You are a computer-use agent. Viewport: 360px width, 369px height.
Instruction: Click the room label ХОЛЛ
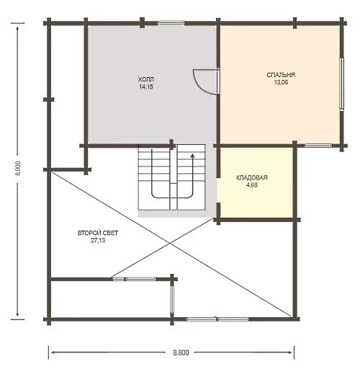[x=146, y=79]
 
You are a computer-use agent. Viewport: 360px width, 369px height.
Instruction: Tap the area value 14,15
[x=146, y=86]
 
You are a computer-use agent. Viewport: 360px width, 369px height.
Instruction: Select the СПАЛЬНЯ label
[x=281, y=75]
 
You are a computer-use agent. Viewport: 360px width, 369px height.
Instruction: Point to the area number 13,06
[x=281, y=82]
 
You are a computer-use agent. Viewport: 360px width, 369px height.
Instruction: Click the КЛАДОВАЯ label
[x=252, y=178]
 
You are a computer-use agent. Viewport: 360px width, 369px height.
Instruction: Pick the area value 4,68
[x=252, y=185]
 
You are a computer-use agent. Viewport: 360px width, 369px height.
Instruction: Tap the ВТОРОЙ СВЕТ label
[x=98, y=233]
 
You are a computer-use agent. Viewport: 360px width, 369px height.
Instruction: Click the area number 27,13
[x=98, y=240]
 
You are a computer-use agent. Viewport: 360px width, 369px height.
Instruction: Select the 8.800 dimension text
[x=181, y=352]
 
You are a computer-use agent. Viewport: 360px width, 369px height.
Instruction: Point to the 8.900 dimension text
[x=19, y=169]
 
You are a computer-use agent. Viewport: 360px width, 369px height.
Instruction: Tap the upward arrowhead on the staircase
[x=192, y=156]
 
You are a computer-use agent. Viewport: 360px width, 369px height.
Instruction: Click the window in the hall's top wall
[x=171, y=23]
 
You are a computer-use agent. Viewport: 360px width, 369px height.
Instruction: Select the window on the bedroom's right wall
[x=342, y=84]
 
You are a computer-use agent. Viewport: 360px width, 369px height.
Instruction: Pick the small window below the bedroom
[x=318, y=146]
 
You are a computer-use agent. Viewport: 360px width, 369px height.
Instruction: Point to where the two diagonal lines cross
[x=170, y=244]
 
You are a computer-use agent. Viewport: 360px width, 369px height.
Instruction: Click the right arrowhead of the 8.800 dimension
[x=290, y=352]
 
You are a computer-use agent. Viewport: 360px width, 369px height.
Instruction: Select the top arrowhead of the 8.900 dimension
[x=17, y=28]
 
